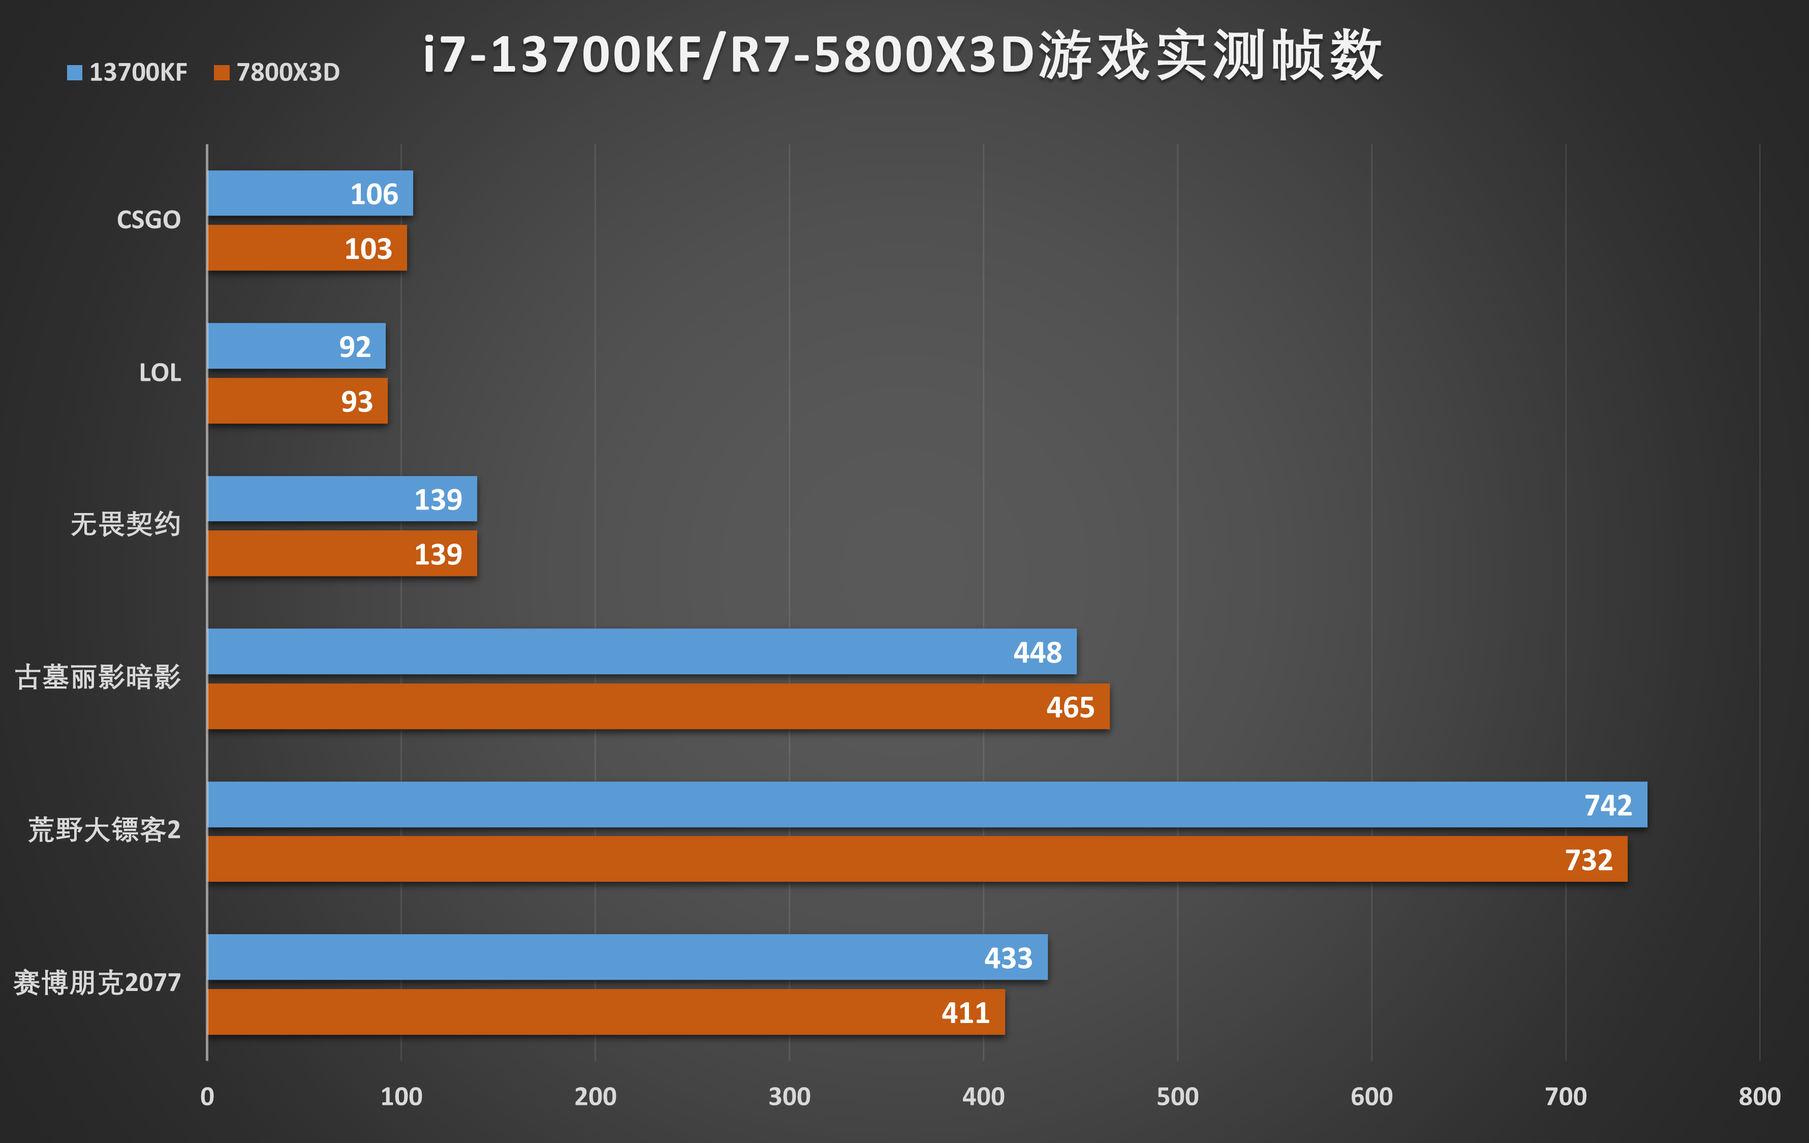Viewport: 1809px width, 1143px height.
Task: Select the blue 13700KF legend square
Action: pyautogui.click(x=74, y=73)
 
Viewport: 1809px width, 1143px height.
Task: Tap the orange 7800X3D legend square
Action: pyautogui.click(x=221, y=73)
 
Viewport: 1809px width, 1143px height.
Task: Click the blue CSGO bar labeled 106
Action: pyautogui.click(x=309, y=193)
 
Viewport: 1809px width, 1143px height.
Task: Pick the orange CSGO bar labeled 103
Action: pyautogui.click(x=306, y=248)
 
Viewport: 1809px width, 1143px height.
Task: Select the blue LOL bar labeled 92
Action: pyautogui.click(x=296, y=346)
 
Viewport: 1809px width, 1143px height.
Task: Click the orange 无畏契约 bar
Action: pyautogui.click(x=342, y=554)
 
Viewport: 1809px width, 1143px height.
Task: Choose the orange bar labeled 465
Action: pyautogui.click(x=658, y=706)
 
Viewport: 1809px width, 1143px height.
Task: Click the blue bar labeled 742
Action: pyautogui.click(x=926, y=805)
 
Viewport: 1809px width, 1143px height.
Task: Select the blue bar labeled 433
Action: pyautogui.click(x=627, y=957)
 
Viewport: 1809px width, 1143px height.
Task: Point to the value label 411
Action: pyautogui.click(x=965, y=1013)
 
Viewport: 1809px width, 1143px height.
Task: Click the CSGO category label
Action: pyautogui.click(x=149, y=220)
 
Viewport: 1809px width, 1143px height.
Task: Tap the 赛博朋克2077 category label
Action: pyautogui.click(x=98, y=983)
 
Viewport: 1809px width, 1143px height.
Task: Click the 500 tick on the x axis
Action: pyautogui.click(x=1177, y=1096)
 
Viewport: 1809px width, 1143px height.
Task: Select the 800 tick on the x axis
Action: pyautogui.click(x=1759, y=1096)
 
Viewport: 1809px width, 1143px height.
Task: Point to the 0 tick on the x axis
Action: pyautogui.click(x=207, y=1096)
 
